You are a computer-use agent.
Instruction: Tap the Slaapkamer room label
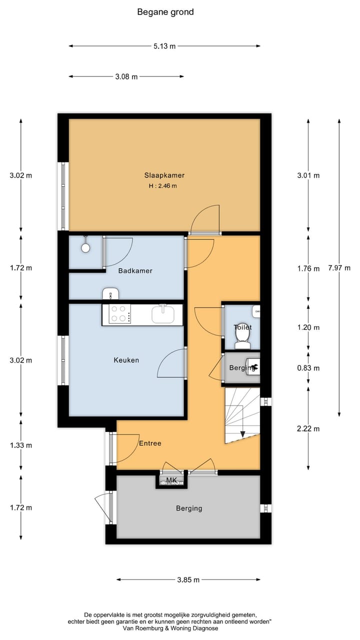[x=164, y=175]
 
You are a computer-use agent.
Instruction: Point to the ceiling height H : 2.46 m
[x=163, y=186]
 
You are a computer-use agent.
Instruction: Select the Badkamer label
[x=135, y=271]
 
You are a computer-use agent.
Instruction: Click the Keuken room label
[x=126, y=360]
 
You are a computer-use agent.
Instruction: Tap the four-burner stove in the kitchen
[x=118, y=313]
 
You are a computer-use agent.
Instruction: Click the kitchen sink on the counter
[x=163, y=314]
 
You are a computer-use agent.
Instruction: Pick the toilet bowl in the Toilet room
[x=242, y=341]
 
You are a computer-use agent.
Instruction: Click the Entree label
[x=150, y=443]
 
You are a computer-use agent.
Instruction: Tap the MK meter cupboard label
[x=171, y=480]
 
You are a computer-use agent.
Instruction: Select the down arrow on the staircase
[x=242, y=434]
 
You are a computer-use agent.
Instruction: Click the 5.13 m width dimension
[x=164, y=46]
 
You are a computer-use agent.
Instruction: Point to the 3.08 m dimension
[x=126, y=76]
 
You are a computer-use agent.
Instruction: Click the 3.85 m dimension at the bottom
[x=188, y=580]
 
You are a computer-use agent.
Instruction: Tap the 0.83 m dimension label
[x=308, y=368]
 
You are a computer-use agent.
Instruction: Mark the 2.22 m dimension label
[x=308, y=428]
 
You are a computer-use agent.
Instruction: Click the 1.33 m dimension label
[x=21, y=445]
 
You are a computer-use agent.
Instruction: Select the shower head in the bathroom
[x=85, y=247]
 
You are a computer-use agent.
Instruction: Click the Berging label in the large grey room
[x=189, y=508]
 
